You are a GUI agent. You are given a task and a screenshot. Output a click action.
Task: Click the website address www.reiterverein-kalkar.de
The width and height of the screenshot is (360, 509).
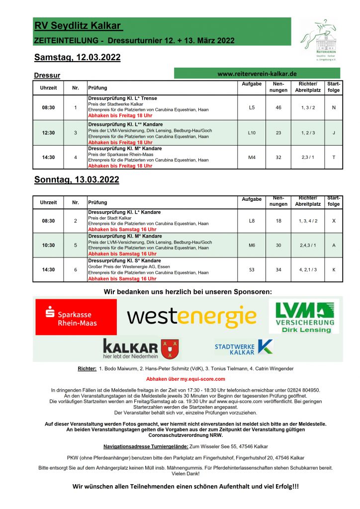(257, 73)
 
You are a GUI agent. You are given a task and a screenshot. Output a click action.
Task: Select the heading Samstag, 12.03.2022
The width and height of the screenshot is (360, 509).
(77, 58)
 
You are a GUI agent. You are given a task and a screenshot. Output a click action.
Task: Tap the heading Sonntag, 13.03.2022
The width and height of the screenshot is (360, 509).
(77, 179)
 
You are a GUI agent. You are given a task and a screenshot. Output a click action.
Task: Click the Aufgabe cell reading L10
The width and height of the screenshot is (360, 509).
(252, 133)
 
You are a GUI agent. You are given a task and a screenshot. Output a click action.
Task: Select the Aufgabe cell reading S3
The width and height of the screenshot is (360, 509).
(252, 270)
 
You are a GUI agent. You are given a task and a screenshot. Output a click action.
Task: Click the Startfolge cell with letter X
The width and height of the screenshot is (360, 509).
(334, 220)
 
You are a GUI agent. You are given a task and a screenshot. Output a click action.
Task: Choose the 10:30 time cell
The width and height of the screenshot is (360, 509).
(49, 245)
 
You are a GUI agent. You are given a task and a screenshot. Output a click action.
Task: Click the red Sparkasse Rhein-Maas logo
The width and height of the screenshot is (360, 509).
(76, 317)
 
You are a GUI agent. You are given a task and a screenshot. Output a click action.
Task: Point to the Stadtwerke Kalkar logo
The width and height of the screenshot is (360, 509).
(243, 347)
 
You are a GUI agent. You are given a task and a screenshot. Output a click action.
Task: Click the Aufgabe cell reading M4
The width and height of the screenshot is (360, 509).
(252, 157)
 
